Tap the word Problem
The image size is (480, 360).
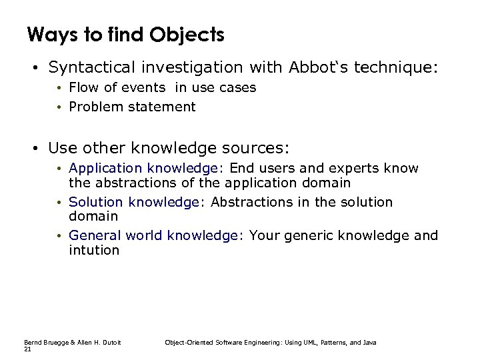click(94, 107)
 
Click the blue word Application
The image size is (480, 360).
click(104, 169)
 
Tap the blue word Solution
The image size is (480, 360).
click(96, 202)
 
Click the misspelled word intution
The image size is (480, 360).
click(94, 250)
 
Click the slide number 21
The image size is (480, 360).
click(27, 348)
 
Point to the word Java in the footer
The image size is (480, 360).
click(371, 342)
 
